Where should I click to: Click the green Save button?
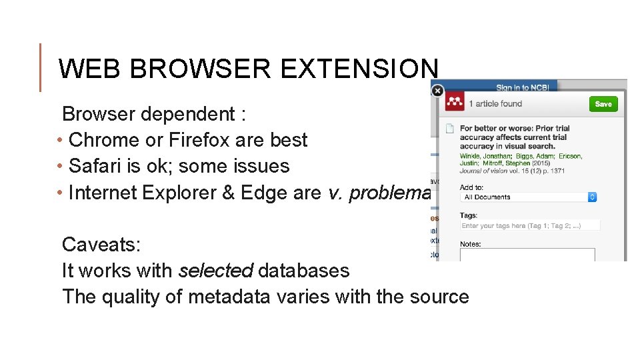pyautogui.click(x=603, y=104)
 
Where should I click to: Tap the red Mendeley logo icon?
pyautogui.click(x=455, y=103)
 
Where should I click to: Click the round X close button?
pyautogui.click(x=437, y=91)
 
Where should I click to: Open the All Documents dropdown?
pyautogui.click(x=528, y=197)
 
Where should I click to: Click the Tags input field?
pyautogui.click(x=530, y=226)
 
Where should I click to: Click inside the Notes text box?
pyautogui.click(x=527, y=255)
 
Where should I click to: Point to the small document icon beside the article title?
pyautogui.click(x=450, y=128)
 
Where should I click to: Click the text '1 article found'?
pyautogui.click(x=495, y=104)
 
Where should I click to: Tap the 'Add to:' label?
pyautogui.click(x=472, y=187)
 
